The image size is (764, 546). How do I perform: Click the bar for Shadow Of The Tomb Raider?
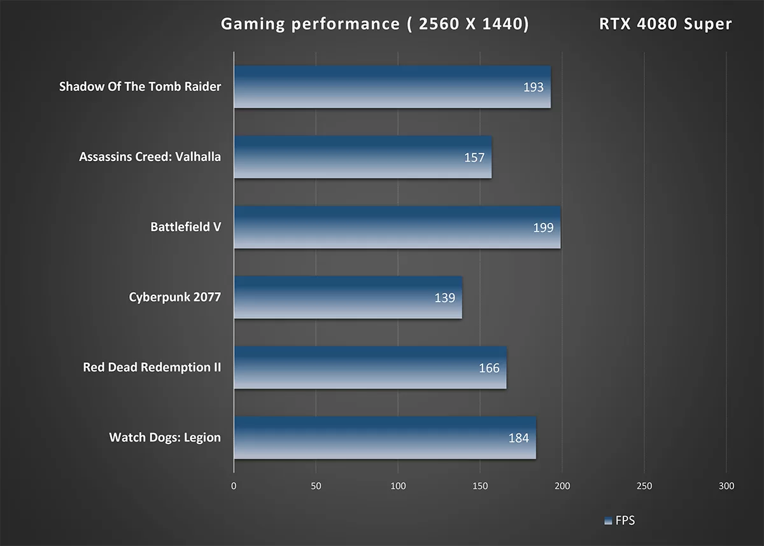[x=382, y=87]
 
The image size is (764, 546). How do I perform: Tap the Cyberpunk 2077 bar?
[x=344, y=297]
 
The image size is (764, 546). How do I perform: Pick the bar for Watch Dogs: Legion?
[x=382, y=438]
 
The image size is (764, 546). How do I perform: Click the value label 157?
[x=474, y=157]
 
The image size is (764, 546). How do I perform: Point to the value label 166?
[x=489, y=368]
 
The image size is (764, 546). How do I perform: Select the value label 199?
[x=543, y=227]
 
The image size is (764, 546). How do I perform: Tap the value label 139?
[x=444, y=297]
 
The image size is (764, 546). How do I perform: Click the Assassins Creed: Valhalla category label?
[x=150, y=157]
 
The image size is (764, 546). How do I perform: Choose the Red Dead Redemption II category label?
[x=152, y=367]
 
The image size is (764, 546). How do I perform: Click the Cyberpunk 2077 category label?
[x=174, y=297]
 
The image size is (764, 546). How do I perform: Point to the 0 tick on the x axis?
[x=234, y=486]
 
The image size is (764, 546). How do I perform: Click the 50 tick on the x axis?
[x=316, y=486]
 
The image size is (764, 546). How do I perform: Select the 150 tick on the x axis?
[x=480, y=486]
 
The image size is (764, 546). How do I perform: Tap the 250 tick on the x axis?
[x=644, y=486]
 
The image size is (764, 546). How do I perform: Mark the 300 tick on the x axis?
[x=726, y=486]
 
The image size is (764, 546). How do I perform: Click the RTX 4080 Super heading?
[x=665, y=24]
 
